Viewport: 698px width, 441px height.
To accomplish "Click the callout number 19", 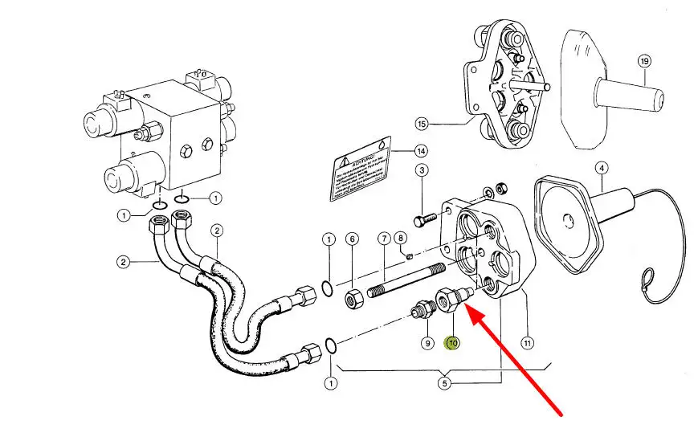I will (x=643, y=62).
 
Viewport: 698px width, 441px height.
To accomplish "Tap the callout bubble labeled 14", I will (x=421, y=151).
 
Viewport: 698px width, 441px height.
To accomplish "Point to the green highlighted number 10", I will (x=453, y=343).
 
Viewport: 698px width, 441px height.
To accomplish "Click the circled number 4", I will (x=602, y=168).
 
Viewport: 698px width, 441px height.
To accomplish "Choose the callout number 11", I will (x=527, y=343).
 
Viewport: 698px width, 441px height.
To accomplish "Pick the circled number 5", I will (x=444, y=383).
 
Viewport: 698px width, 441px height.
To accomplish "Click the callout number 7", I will (x=384, y=239).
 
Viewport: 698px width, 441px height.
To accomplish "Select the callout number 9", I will (x=427, y=343).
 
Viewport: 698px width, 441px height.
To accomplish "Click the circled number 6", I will (x=352, y=239).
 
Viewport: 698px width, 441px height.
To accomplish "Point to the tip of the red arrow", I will (x=467, y=309).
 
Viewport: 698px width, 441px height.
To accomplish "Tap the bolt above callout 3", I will (x=424, y=219).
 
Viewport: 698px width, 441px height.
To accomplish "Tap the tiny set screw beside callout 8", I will (x=409, y=257).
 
